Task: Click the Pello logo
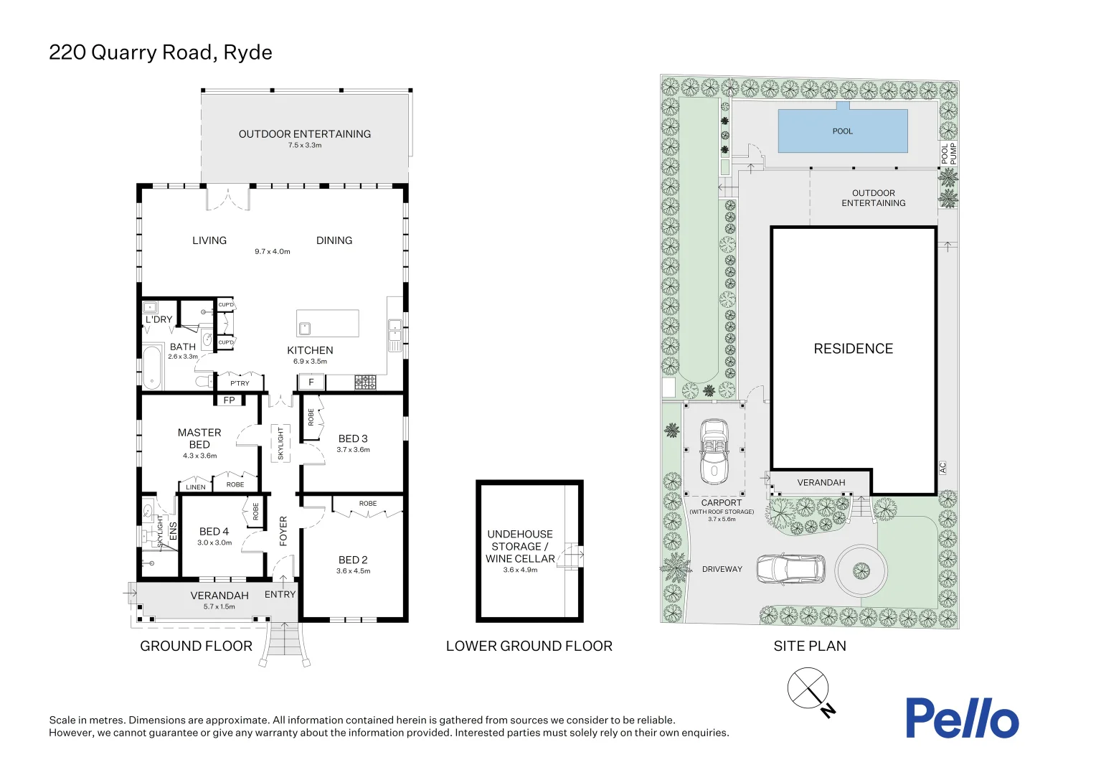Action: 962,718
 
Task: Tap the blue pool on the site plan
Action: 843,131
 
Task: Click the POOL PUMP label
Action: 948,154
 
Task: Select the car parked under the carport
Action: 714,451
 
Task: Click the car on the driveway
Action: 790,569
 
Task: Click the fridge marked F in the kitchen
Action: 311,382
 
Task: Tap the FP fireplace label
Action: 229,400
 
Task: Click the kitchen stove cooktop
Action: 366,382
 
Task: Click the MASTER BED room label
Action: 199,438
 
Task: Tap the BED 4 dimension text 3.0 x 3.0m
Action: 214,542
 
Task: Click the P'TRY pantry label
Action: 240,383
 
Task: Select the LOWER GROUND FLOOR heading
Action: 529,646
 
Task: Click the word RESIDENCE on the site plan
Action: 854,349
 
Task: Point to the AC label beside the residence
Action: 943,468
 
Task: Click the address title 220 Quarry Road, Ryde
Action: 161,52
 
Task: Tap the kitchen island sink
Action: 305,328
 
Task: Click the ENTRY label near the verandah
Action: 280,594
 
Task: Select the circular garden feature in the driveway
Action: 861,570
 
